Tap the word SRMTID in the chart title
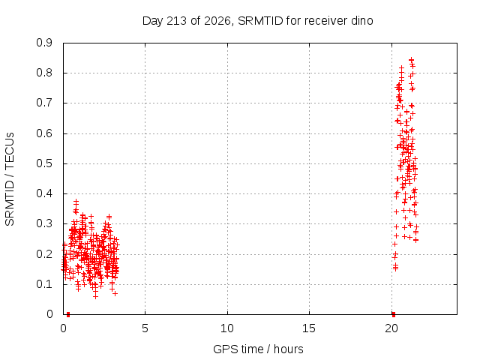[x=260, y=21]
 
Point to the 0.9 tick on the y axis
[x=44, y=43]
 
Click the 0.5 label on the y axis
[x=44, y=163]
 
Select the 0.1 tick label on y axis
[x=44, y=284]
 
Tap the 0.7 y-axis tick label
[x=44, y=103]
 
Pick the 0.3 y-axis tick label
[x=44, y=223]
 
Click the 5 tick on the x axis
[x=145, y=328]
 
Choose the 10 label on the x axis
[x=227, y=328]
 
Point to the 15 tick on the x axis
[x=309, y=328]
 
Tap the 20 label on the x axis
[x=391, y=328]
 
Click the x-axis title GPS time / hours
[x=258, y=349]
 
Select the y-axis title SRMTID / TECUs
[x=10, y=179]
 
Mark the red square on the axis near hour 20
[x=394, y=314]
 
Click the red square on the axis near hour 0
[x=68, y=314]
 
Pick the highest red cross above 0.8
[x=412, y=60]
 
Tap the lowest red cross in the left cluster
[x=95, y=296]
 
